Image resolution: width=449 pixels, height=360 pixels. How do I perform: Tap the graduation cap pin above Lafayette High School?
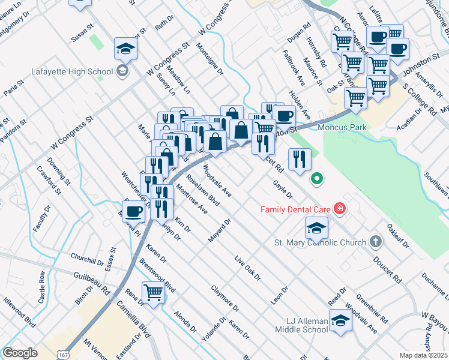point(126,49)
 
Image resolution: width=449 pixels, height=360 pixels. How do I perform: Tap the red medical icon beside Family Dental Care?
point(340,209)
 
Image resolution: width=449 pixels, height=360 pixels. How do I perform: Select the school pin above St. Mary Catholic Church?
point(316,228)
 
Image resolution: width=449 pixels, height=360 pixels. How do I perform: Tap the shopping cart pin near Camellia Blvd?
point(154,293)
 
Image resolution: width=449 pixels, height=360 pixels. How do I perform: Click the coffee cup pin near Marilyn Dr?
point(134,211)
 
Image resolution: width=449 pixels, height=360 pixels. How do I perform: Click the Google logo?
point(20,353)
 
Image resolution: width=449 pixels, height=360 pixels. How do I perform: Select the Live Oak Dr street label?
point(248,269)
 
